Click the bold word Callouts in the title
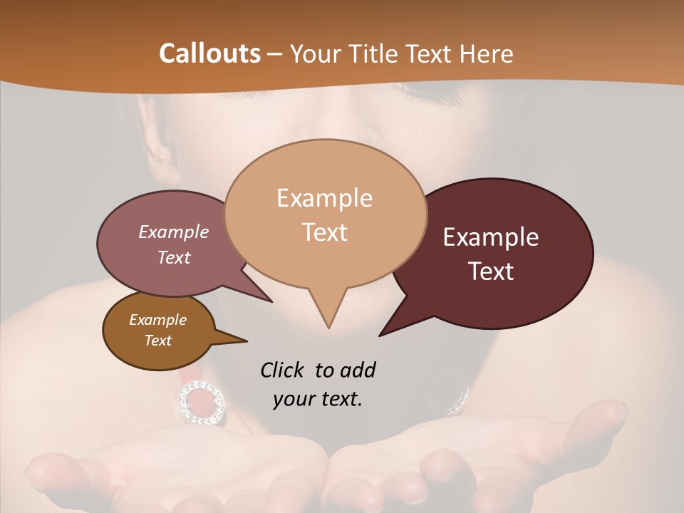point(209,53)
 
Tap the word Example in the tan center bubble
point(324,198)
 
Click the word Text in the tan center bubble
point(324,232)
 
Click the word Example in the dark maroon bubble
point(491,237)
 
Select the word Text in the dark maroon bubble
point(491,271)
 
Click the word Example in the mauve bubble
point(173,232)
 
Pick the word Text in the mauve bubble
point(173,257)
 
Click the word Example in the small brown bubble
point(157,320)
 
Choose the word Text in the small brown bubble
point(157,341)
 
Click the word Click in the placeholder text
point(284,370)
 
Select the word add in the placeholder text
point(357,370)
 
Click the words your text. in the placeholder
point(317,399)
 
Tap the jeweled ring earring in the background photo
point(202,400)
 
